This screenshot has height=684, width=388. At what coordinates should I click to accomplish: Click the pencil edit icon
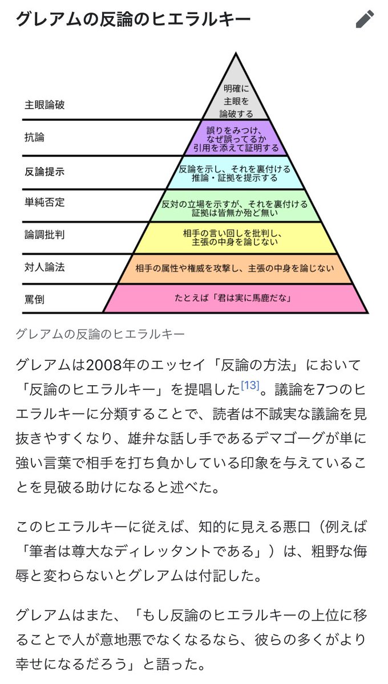coord(365,19)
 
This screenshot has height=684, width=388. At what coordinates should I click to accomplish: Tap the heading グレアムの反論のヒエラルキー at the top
coord(134,20)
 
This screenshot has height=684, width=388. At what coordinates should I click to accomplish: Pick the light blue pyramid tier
coord(235,173)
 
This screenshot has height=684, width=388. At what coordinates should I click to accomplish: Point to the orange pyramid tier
coord(235,267)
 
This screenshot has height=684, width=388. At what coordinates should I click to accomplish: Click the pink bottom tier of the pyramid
coord(235,298)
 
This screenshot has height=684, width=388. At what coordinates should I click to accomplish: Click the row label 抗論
coord(34,137)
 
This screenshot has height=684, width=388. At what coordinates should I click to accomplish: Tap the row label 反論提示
coord(45,171)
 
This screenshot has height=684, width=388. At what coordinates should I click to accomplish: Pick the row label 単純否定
coord(45,203)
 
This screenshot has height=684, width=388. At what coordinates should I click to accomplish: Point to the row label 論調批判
coord(45,235)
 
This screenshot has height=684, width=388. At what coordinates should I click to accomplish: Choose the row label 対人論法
coord(45,267)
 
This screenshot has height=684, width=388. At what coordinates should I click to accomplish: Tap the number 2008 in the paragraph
coord(107,364)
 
